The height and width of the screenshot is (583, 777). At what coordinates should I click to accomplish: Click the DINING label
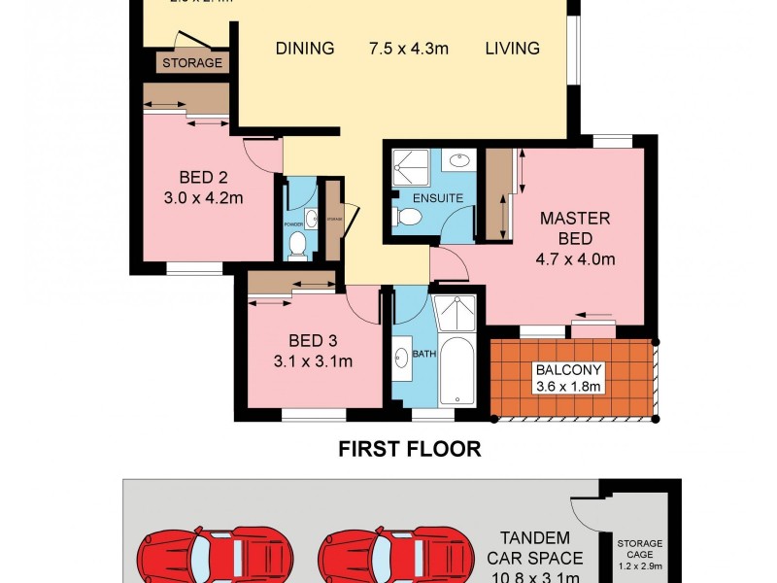(304, 49)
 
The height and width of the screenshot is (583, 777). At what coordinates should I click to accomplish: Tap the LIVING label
(512, 49)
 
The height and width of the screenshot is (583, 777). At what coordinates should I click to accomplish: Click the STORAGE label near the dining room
(192, 63)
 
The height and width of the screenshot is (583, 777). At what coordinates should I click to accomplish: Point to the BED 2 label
(203, 178)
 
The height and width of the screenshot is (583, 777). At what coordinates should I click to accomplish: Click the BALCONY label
(569, 370)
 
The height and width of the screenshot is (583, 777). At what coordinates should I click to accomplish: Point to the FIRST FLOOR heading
(409, 449)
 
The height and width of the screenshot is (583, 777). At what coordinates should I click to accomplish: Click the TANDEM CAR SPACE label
(541, 549)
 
